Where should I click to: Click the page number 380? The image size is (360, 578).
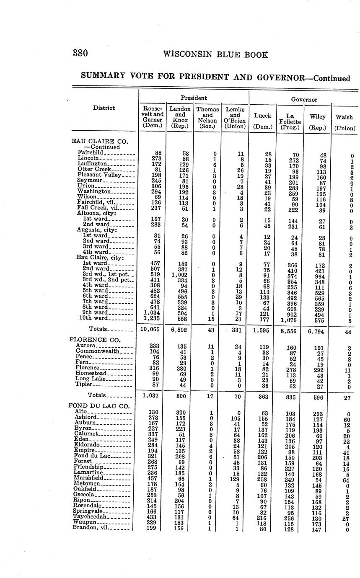[x=80, y=54]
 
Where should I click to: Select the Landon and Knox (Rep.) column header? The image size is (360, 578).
[x=180, y=117]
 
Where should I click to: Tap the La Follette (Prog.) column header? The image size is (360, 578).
[x=289, y=121]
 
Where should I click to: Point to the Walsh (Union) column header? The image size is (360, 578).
[x=344, y=122]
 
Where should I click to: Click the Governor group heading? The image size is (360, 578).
[x=303, y=100]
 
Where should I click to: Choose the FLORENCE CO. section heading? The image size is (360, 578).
[x=95, y=339]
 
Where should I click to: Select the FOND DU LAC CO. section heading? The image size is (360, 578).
[x=99, y=405]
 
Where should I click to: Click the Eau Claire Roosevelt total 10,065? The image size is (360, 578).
[x=151, y=330]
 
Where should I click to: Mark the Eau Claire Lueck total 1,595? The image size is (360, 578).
[x=262, y=330]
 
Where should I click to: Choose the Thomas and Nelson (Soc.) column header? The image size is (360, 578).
[x=207, y=117]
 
